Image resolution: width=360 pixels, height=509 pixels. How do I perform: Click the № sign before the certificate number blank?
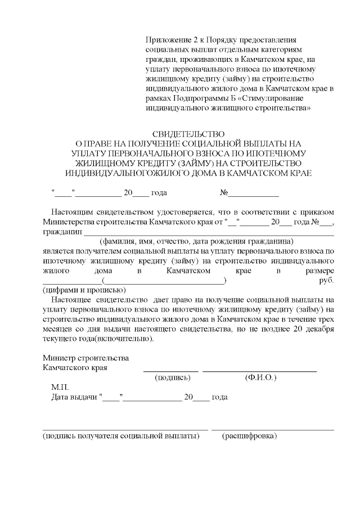point(223,193)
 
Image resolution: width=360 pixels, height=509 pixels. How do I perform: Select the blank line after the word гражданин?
point(209,232)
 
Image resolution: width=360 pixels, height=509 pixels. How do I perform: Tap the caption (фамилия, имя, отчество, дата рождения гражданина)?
point(189,241)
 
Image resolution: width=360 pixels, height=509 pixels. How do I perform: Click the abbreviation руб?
point(327,281)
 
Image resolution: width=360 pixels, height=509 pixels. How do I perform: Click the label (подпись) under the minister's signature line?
point(173,378)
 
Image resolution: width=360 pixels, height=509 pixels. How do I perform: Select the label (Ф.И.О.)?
point(260,378)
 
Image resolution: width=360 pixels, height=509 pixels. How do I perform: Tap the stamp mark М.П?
point(60,388)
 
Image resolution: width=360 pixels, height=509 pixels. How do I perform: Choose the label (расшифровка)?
point(250,436)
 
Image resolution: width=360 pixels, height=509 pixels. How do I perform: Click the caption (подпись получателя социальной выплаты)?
point(121,436)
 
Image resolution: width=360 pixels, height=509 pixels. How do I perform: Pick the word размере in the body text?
point(320,271)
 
